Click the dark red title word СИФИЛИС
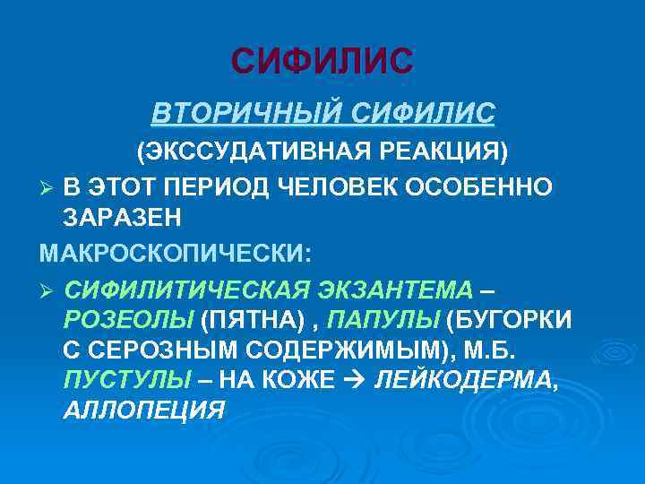[322, 60]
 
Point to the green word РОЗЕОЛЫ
[128, 319]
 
